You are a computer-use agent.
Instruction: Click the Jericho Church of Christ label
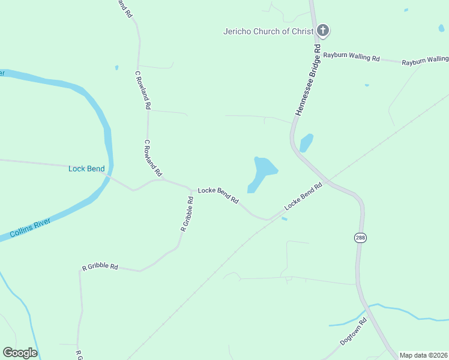pyautogui.click(x=268, y=31)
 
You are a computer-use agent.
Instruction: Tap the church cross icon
pyautogui.click(x=323, y=31)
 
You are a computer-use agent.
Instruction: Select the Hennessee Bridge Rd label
pyautogui.click(x=308, y=80)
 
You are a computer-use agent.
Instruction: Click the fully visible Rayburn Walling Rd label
pyautogui.click(x=352, y=57)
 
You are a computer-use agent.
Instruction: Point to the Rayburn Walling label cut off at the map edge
pyautogui.click(x=425, y=61)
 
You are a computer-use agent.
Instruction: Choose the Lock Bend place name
pyautogui.click(x=86, y=169)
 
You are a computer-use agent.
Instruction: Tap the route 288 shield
pyautogui.click(x=360, y=237)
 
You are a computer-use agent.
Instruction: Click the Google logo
pyautogui.click(x=20, y=353)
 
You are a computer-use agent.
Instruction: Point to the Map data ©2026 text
pyautogui.click(x=424, y=355)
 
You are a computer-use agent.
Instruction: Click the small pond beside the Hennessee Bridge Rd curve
pyautogui.click(x=306, y=142)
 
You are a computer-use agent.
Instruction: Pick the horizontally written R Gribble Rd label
pyautogui.click(x=100, y=266)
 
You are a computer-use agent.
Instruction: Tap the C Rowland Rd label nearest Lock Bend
pyautogui.click(x=152, y=158)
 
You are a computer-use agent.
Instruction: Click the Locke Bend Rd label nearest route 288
pyautogui.click(x=303, y=196)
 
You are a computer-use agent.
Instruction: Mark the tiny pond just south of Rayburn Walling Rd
pyautogui.click(x=366, y=85)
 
